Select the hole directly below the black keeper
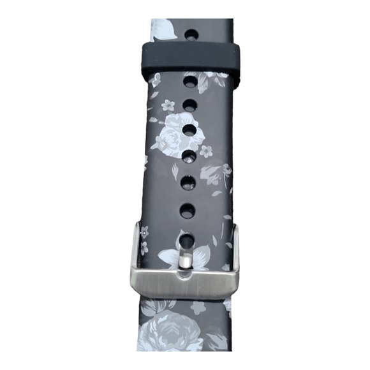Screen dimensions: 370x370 click(189, 80)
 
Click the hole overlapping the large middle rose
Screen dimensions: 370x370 click(189, 129)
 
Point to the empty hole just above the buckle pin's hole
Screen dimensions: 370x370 click(187, 209)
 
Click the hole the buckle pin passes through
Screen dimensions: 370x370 click(187, 241)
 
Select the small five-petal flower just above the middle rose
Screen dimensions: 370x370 click(169, 103)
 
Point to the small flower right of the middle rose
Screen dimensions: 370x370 click(206, 151)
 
